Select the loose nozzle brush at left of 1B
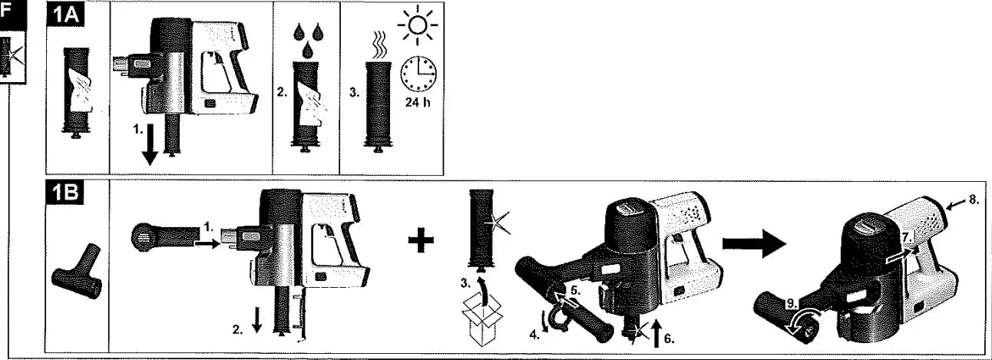76,277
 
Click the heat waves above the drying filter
377,41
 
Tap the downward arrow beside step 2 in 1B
256,327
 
